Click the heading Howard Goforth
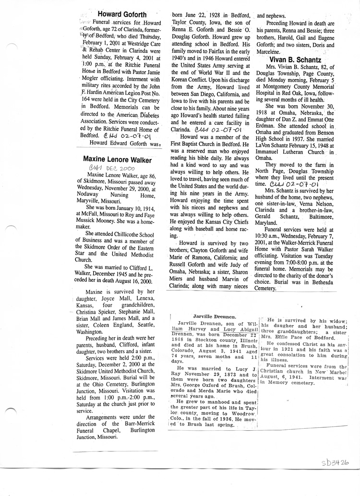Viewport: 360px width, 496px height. (x=122, y=14)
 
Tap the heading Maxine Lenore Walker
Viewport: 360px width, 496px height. (x=117, y=159)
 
